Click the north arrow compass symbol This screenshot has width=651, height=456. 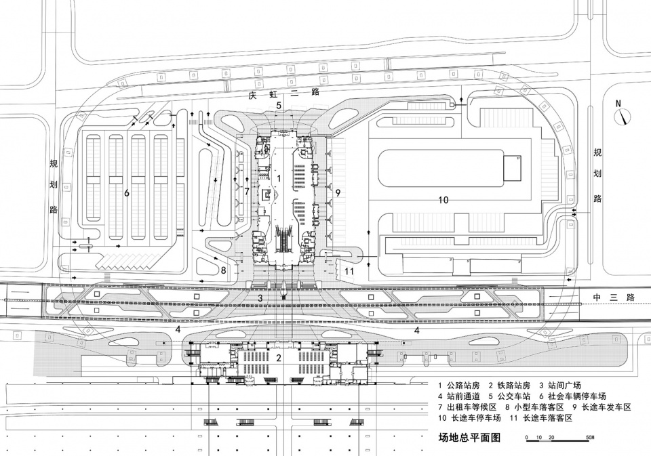coord(621,117)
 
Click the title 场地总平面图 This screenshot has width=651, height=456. coord(469,437)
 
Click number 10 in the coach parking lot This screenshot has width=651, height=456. coord(443,200)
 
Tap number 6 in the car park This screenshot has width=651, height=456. coord(126,193)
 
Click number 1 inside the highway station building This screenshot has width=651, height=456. coord(279,177)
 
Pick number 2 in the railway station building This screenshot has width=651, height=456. coord(278,357)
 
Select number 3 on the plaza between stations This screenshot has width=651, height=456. coord(259,297)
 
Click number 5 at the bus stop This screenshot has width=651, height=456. coord(278,106)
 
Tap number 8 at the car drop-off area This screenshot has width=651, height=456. coord(223,270)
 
